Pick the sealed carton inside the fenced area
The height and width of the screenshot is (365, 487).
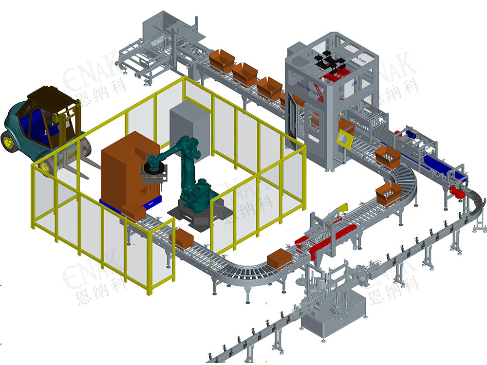[181, 238]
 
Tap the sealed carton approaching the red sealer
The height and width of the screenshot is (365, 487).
[280, 257]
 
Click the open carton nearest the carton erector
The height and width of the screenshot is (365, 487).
[222, 59]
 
